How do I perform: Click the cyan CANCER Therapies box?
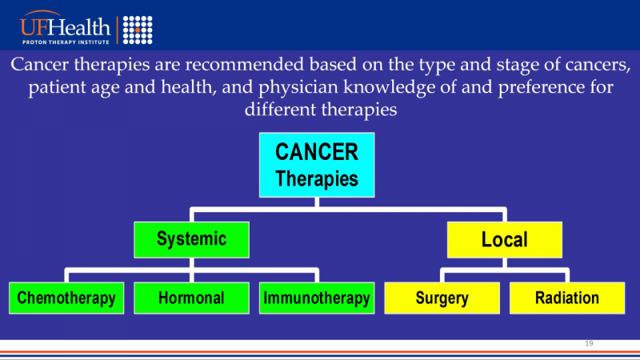tap(317, 165)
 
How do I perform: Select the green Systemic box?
tap(191, 239)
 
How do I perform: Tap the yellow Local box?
tap(505, 239)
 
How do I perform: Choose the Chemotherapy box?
tap(66, 298)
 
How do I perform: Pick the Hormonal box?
tap(191, 298)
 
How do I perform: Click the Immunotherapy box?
tap(317, 298)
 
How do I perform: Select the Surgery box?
tap(442, 298)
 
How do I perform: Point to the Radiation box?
tap(567, 298)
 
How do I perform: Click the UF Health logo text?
tap(65, 26)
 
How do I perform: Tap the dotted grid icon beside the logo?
tap(138, 30)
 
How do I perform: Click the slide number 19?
tap(589, 343)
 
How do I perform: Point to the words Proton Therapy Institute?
tap(66, 42)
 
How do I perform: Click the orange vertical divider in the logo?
tap(118, 30)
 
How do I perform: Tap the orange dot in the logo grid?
tap(138, 30)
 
